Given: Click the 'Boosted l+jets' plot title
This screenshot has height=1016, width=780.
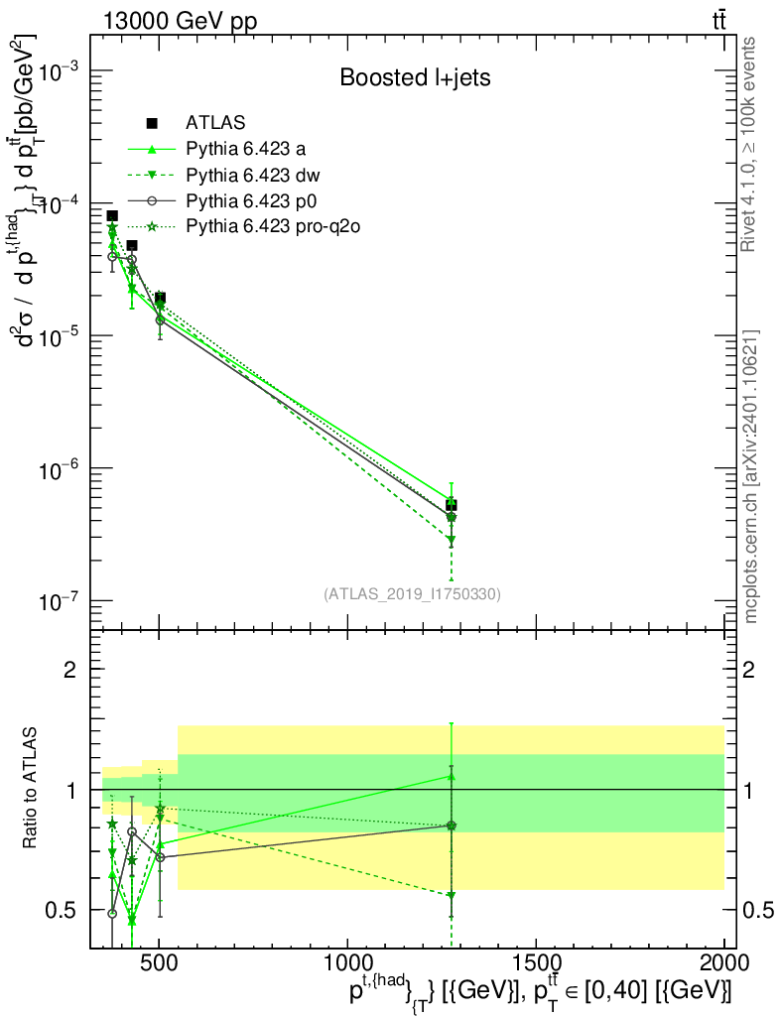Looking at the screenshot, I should coord(415,76).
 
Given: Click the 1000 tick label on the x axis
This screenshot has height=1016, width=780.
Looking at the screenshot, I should coord(347,963).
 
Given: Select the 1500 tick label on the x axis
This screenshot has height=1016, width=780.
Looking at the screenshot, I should coord(536,963).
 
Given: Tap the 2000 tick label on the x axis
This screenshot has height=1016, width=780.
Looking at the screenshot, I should coord(724,963).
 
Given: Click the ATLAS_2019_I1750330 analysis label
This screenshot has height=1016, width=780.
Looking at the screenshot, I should coord(412,594).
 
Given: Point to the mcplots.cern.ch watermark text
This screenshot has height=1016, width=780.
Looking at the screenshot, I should coord(752,476).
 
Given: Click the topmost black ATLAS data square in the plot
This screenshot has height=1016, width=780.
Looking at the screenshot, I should coord(112,216).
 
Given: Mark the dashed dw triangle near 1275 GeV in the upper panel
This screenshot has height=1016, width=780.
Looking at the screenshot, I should coord(452,540).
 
